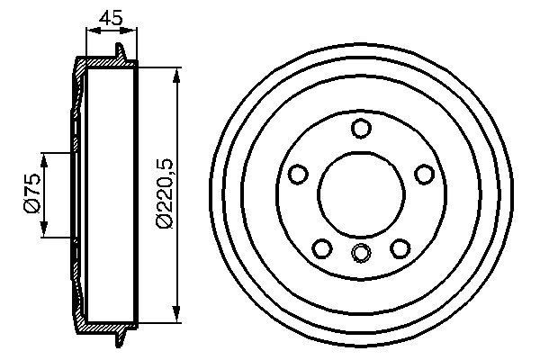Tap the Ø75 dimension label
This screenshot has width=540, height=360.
click(x=30, y=195)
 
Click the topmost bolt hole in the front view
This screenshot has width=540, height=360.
click(x=361, y=129)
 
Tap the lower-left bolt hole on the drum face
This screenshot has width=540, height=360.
click(x=321, y=248)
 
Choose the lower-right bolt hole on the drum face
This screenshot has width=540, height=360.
click(x=400, y=248)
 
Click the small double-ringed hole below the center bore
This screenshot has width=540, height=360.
click(x=361, y=253)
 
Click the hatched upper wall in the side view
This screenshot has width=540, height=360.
click(x=103, y=64)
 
